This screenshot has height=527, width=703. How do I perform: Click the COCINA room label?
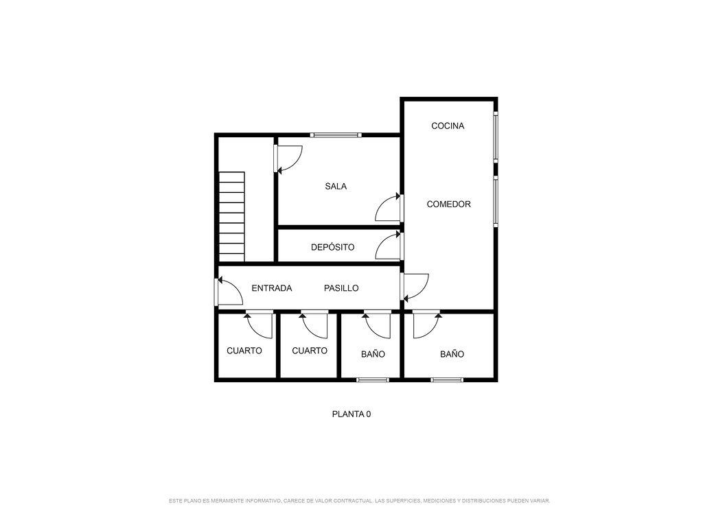tap(448, 126)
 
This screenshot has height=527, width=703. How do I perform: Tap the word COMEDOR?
tap(448, 204)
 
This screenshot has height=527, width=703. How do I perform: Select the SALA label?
tap(336, 187)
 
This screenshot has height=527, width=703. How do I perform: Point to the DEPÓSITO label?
tap(333, 247)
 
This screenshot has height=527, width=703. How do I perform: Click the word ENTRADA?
tap(272, 288)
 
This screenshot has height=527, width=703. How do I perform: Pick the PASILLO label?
tap(341, 288)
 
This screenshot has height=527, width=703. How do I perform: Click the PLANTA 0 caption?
tap(351, 414)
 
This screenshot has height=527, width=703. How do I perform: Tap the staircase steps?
tap(232, 216)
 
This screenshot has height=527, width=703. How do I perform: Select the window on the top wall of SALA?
tap(336, 135)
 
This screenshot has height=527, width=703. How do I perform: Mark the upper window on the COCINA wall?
tap(496, 136)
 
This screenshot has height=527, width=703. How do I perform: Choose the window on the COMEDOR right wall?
tap(496, 201)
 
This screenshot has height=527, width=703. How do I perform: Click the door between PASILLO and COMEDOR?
tap(415, 288)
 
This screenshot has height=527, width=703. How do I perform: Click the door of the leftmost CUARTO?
tap(259, 325)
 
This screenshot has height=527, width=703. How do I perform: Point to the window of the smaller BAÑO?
tap(373, 380)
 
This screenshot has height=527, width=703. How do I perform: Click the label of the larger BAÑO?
tap(452, 354)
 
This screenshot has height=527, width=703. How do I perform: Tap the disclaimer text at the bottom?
tap(360, 500)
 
